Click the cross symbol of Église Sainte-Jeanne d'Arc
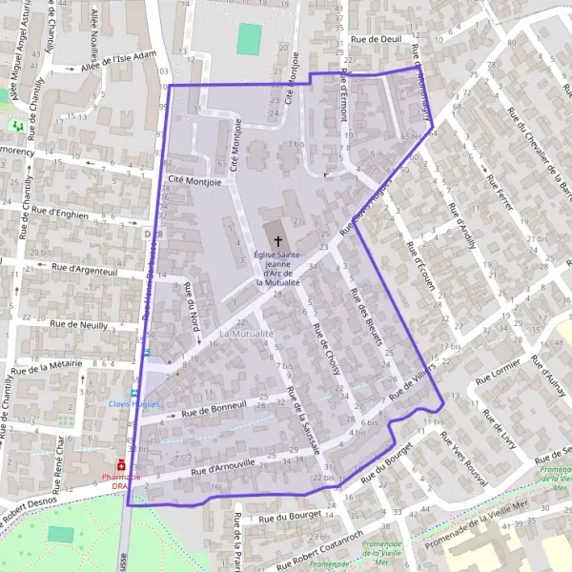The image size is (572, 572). (x=278, y=241)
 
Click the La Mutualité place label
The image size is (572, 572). (x=246, y=335)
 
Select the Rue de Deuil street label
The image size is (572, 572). (x=376, y=40)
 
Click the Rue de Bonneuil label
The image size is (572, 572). (x=214, y=411)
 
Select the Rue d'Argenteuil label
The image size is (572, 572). (x=85, y=270)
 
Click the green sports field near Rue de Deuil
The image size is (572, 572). (x=249, y=38)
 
